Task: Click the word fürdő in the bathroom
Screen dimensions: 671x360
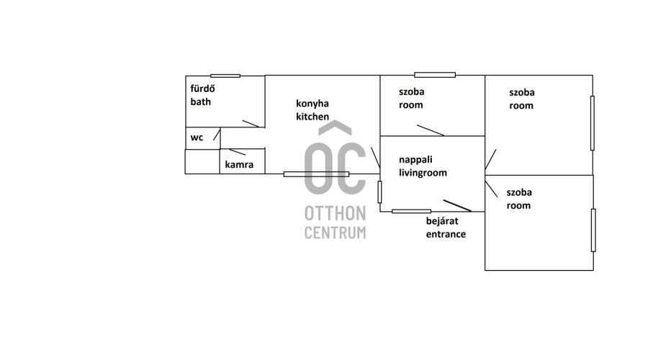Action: click(x=202, y=89)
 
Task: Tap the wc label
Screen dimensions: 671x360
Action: click(x=197, y=138)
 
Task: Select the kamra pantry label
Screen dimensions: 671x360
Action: click(x=239, y=164)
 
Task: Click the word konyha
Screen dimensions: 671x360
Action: click(x=312, y=104)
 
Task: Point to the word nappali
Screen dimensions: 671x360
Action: click(x=415, y=160)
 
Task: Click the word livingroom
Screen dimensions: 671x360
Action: click(x=423, y=173)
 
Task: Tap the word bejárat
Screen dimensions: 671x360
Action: click(x=442, y=221)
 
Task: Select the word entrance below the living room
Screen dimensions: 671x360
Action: click(x=446, y=234)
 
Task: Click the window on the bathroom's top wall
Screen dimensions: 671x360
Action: click(x=225, y=76)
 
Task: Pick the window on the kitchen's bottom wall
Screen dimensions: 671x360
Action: click(x=316, y=174)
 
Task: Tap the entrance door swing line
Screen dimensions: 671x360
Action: click(x=457, y=205)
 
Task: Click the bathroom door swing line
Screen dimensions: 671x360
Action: click(x=251, y=124)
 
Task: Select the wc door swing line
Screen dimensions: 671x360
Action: click(x=217, y=135)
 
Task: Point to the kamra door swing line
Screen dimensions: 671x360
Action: click(x=238, y=152)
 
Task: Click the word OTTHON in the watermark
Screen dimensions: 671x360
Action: click(x=335, y=213)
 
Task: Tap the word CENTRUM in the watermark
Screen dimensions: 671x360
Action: click(x=335, y=233)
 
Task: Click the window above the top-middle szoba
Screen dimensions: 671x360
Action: click(x=435, y=75)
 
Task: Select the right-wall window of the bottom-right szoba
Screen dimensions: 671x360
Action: click(x=593, y=230)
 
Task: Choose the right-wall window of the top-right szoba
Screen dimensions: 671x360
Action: click(x=593, y=123)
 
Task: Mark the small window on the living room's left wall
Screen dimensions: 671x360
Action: click(x=379, y=192)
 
